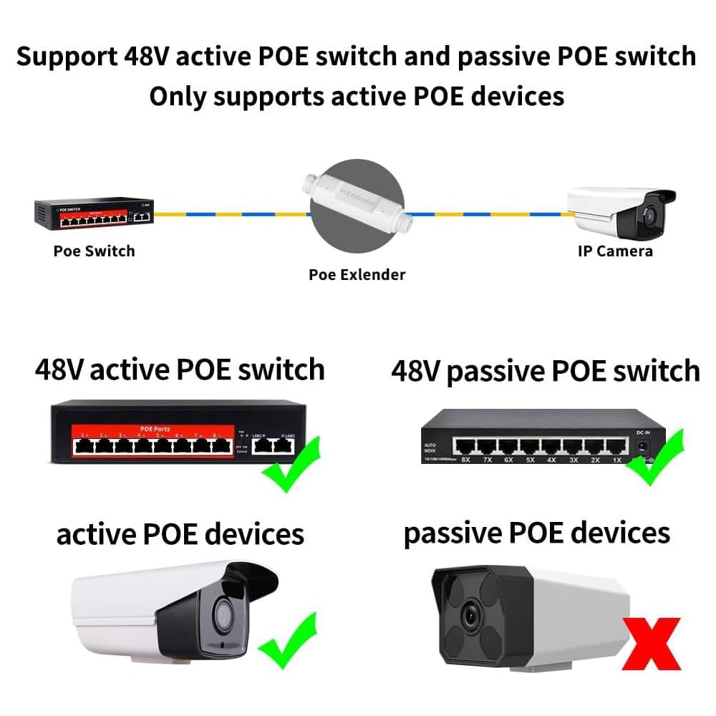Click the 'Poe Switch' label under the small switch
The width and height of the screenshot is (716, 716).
coord(94,251)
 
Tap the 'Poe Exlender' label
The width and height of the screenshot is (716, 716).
coord(357,274)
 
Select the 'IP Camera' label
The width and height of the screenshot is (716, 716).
coord(615,251)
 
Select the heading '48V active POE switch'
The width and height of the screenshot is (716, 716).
coord(179,370)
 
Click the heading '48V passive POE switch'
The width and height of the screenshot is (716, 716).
coord(545,371)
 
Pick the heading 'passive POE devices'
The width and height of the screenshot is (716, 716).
coord(537,533)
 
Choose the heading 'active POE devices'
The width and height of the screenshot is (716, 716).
coord(180,534)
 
